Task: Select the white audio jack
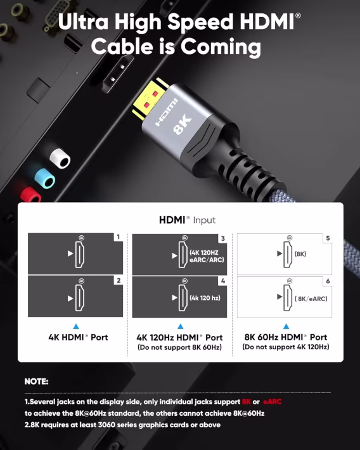tap(59, 159)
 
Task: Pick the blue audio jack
tap(44, 178)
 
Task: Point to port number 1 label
tap(118, 238)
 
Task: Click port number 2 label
tap(118, 280)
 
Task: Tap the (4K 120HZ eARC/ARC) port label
tap(207, 255)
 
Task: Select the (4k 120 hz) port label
tap(204, 297)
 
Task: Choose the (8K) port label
tap(300, 254)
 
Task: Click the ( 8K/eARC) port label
tap(311, 298)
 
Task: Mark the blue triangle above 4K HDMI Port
tap(76, 326)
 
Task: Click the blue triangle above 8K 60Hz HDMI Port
tap(286, 326)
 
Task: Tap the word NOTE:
tap(37, 382)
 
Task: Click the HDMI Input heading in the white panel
tap(187, 220)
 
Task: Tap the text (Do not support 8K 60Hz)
tap(180, 347)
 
